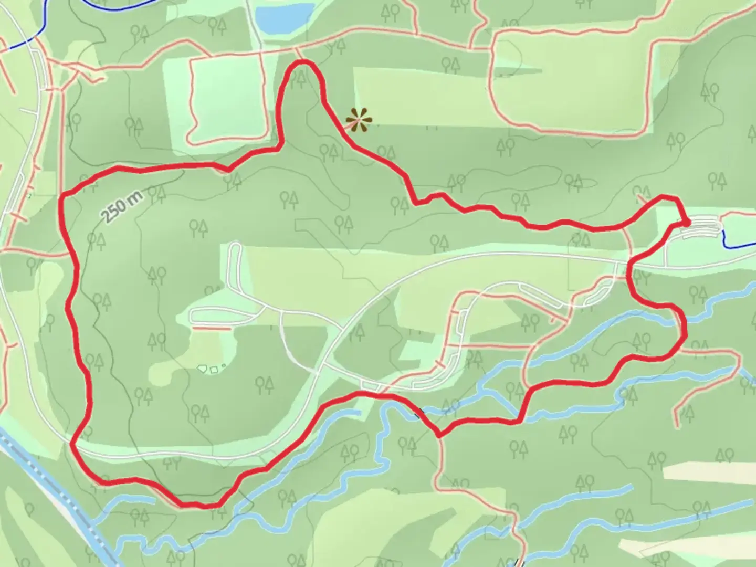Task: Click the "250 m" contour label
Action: click(x=122, y=206)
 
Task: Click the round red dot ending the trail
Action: click(x=687, y=223)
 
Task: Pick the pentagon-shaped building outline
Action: click(x=202, y=369)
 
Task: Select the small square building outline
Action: click(x=214, y=370)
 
